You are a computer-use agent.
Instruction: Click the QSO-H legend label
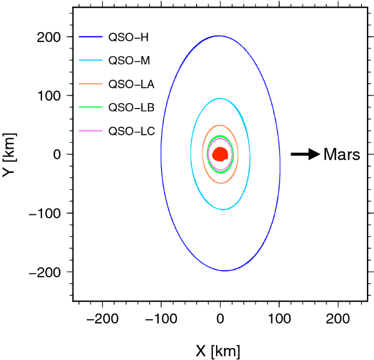coord(129,38)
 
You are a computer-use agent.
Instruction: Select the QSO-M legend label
coord(129,61)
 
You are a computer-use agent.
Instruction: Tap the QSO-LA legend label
coord(132,84)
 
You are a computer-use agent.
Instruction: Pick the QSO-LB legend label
coord(132,107)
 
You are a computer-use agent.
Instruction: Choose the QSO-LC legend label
coord(132,131)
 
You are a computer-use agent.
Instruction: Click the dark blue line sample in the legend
coord(91,38)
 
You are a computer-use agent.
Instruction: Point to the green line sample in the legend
coord(91,107)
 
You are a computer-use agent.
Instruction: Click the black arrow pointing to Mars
coord(305,154)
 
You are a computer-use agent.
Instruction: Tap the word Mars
coord(342,154)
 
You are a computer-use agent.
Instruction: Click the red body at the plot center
coord(220,154)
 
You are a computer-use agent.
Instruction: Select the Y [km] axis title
coord(9,154)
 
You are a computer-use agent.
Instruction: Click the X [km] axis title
coord(217,351)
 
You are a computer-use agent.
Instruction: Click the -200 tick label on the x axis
coord(102,319)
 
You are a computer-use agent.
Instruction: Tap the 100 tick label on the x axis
coord(279,319)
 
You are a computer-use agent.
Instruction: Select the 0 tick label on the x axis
coord(220,319)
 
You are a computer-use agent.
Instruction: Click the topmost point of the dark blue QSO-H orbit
coord(218,36)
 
